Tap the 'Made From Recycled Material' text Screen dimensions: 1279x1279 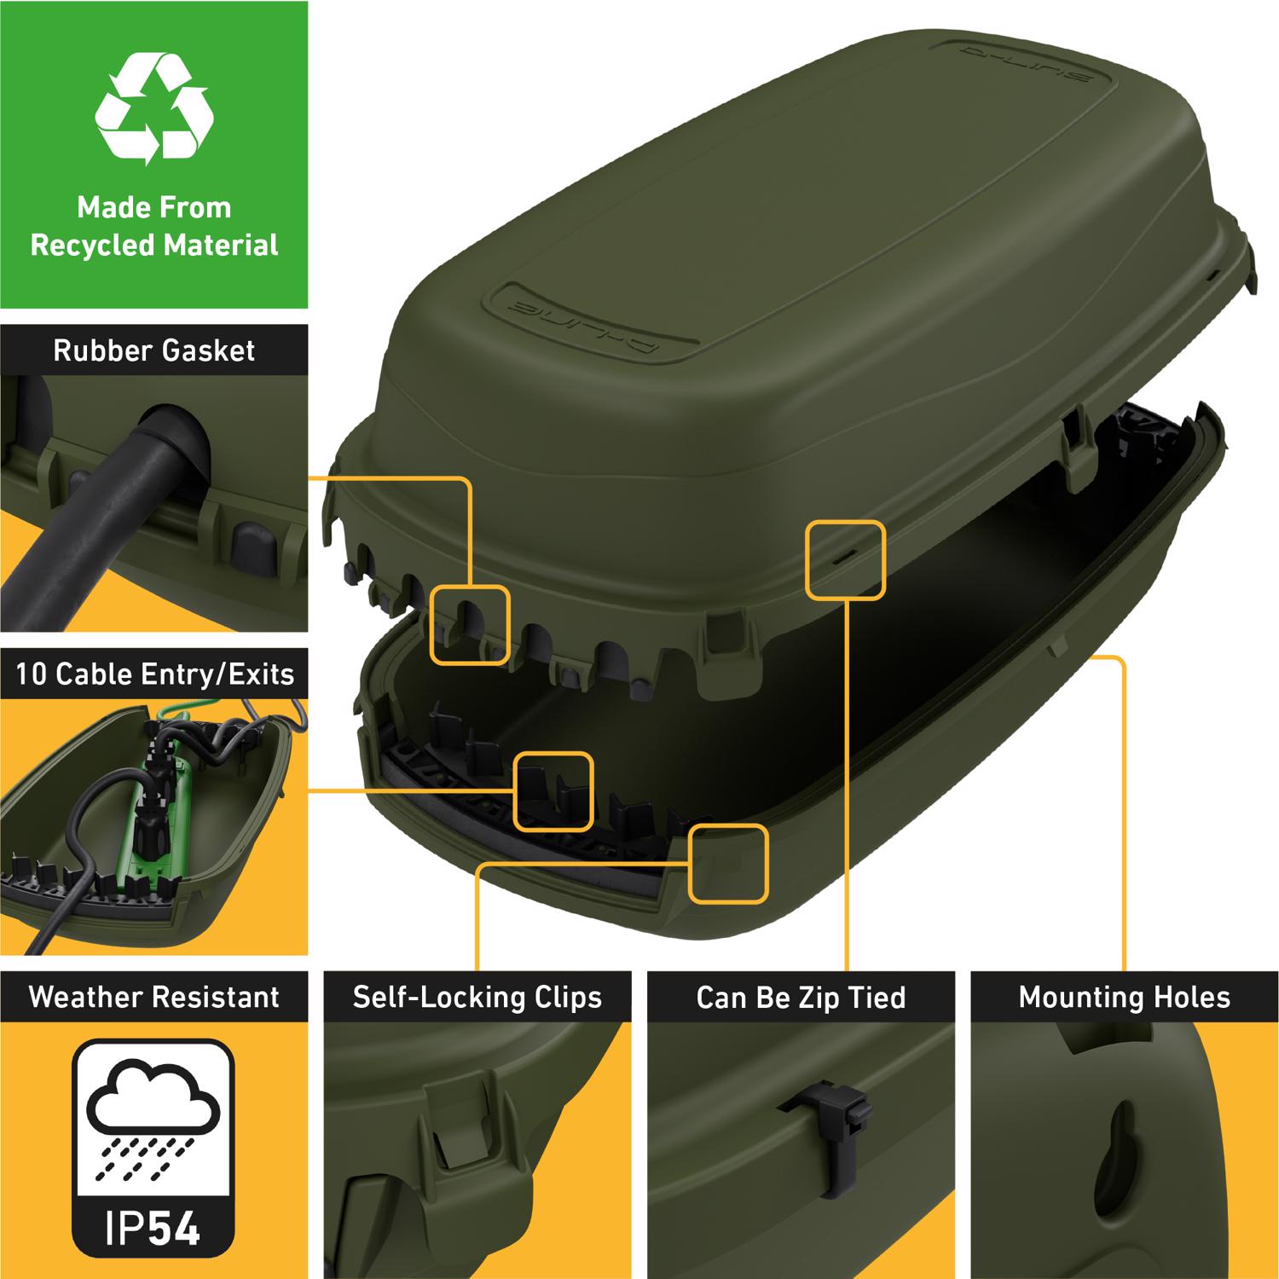[x=154, y=226]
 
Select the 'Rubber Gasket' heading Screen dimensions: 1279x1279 [x=154, y=350]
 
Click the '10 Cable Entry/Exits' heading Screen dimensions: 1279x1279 [x=154, y=674]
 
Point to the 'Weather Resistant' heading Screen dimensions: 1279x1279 [x=154, y=997]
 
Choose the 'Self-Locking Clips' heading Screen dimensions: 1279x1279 [x=477, y=998]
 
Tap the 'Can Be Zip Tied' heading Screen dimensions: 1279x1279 [x=801, y=998]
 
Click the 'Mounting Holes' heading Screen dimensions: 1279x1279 [x=1125, y=998]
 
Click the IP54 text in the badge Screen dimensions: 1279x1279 [x=153, y=1229]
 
